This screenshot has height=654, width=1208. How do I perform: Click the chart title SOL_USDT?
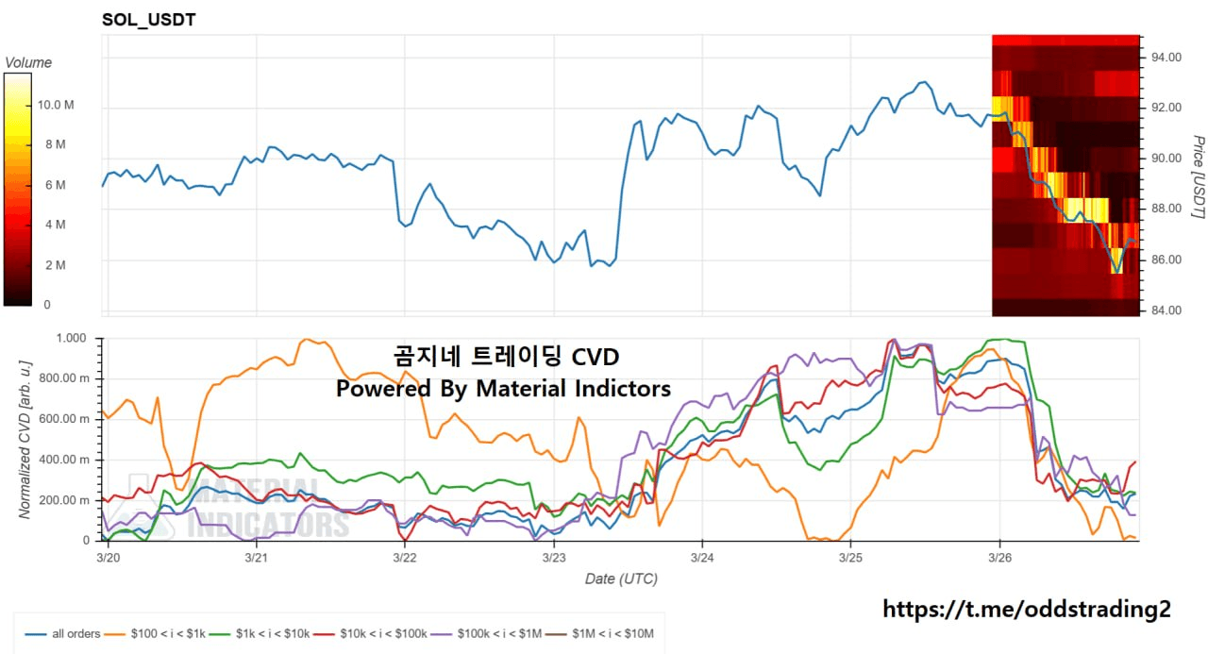coord(148,20)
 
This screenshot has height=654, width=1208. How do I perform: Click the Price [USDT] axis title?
coord(1197,177)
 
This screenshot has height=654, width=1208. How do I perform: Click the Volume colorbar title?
coord(28,63)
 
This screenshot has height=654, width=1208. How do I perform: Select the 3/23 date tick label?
coord(553,559)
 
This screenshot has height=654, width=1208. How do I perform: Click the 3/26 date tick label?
coord(999,559)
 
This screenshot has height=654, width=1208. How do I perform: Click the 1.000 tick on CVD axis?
coord(71,338)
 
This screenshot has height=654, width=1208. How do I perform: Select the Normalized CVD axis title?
coord(26,438)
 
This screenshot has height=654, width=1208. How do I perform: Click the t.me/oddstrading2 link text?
coord(1026,610)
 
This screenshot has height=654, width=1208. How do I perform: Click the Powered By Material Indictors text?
coord(503,388)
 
